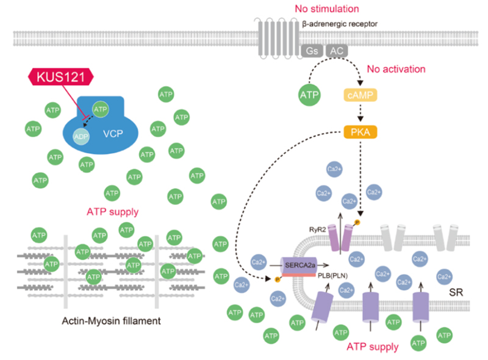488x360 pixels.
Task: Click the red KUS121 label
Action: pos(62,77)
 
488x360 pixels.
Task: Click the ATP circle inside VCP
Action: pos(101,109)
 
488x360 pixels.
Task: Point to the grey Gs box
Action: pos(312,51)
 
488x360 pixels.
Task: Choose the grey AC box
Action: pos(337,51)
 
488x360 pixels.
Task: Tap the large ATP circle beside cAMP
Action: pos(310,96)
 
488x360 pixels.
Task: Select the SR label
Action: pos(455,292)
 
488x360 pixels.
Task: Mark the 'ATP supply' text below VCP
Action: pos(112,212)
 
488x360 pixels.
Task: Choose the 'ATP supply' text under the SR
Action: pos(372,347)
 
